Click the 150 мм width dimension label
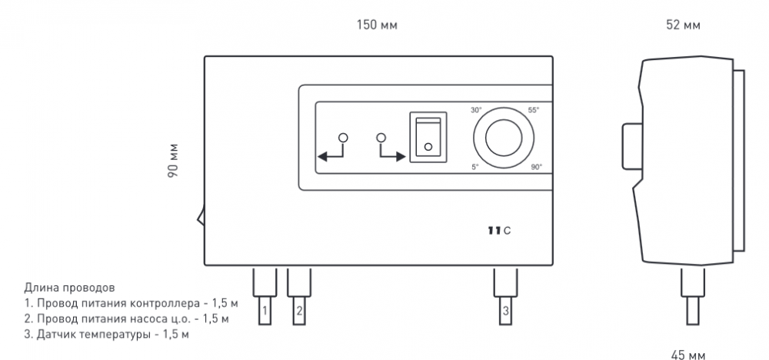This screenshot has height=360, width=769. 377,25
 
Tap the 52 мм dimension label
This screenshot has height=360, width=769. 683,25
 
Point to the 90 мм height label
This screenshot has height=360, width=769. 174,160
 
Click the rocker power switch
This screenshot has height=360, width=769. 428,137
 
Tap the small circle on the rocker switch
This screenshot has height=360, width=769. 428,147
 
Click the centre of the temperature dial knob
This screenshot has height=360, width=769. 504,138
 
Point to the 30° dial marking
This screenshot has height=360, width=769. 476,110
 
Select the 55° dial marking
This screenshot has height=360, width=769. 533,110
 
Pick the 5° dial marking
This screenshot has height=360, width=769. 474,167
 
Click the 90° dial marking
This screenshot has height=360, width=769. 537,167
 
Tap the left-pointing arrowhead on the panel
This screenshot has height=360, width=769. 324,157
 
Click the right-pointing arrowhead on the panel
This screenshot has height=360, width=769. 400,157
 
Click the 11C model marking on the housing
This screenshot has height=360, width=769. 499,231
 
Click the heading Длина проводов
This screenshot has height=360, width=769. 69,288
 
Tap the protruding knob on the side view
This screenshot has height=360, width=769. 632,147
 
